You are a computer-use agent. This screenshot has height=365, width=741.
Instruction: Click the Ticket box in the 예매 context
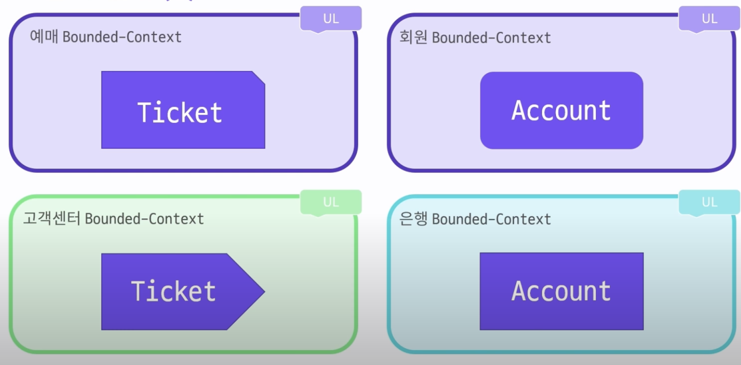(x=183, y=110)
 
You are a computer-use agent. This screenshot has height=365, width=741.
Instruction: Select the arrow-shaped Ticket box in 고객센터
(x=183, y=292)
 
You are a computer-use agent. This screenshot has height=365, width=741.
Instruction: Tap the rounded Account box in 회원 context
(x=562, y=110)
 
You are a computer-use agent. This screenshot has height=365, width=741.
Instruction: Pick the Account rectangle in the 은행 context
(x=562, y=291)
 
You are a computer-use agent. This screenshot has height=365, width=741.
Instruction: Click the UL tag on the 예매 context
(x=331, y=19)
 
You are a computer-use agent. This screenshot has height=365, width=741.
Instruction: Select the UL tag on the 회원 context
(x=709, y=19)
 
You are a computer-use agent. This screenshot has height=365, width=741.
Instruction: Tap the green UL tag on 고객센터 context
(x=331, y=202)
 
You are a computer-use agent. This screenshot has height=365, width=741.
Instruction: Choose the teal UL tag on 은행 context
(x=709, y=202)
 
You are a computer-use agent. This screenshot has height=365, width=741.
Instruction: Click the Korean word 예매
(x=44, y=36)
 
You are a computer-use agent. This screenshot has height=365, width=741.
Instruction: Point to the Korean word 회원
(x=413, y=36)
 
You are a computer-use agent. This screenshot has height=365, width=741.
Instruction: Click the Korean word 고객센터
(x=51, y=218)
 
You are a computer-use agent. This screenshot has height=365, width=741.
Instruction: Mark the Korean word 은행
(x=413, y=219)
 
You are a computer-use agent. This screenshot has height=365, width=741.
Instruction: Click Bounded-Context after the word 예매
(x=122, y=37)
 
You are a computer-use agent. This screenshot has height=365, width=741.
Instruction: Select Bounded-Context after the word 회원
(x=492, y=37)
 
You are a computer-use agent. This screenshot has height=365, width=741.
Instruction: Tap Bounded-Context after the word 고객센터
(x=145, y=219)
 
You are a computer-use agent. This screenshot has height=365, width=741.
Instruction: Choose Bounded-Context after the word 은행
(x=492, y=219)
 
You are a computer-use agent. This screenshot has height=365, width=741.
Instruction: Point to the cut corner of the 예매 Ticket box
(x=259, y=77)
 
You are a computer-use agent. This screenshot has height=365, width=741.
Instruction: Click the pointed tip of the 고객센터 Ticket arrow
(x=265, y=292)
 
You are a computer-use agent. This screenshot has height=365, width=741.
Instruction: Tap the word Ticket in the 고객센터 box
(x=173, y=291)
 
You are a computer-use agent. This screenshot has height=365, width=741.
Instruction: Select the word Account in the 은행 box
(x=561, y=291)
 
